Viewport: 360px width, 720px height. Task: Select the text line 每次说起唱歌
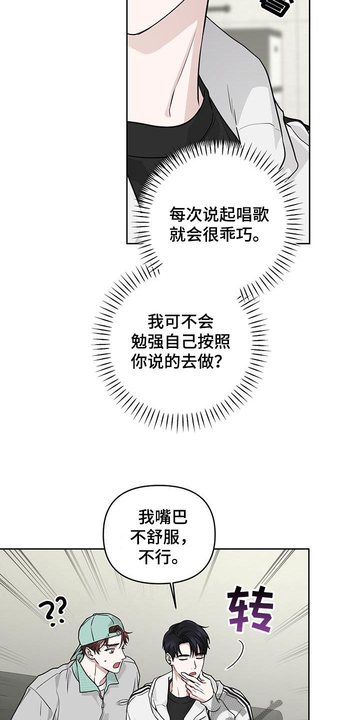click(219, 215)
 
